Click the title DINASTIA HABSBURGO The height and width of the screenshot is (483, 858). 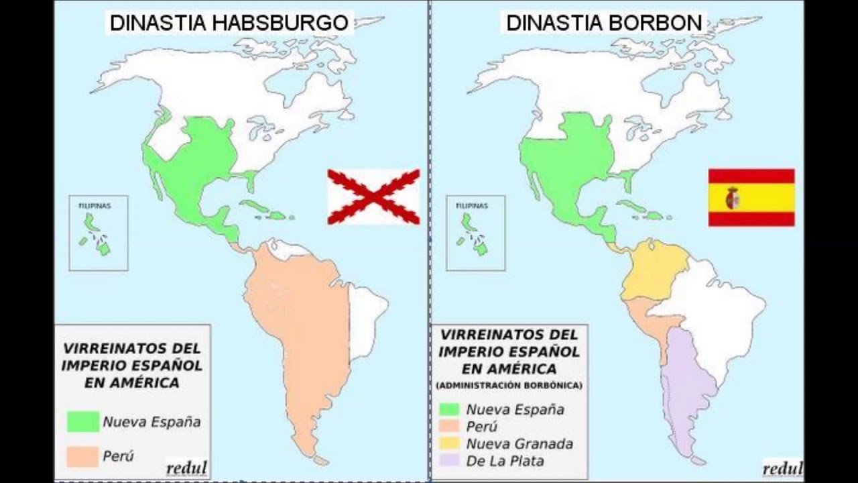[x=229, y=23]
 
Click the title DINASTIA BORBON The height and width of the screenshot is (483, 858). [x=603, y=23]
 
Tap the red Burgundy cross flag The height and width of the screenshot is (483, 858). [x=373, y=197]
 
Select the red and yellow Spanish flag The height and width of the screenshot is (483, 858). [x=751, y=197]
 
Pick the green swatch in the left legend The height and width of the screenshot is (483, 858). [x=83, y=422]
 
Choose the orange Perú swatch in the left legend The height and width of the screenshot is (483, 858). [x=83, y=456]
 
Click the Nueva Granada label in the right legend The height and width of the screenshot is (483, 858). [x=519, y=443]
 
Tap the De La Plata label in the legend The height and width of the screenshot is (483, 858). [x=505, y=461]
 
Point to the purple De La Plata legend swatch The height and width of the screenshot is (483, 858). [x=449, y=461]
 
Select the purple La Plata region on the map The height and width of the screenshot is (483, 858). [x=687, y=389]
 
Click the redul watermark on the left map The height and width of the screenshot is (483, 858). [x=186, y=468]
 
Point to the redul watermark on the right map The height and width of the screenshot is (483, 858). [x=782, y=468]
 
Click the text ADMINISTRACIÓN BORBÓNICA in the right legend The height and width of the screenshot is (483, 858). [x=509, y=386]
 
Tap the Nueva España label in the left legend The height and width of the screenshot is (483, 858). [x=151, y=422]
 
